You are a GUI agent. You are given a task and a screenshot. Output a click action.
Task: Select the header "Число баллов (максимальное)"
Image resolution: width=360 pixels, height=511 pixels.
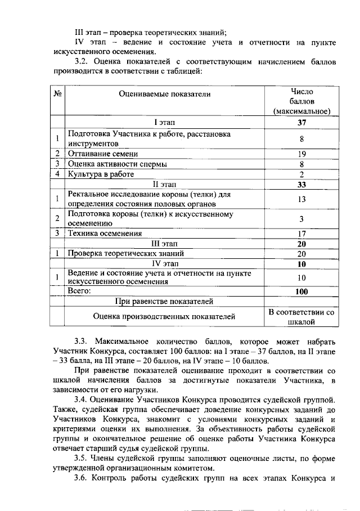[301, 101]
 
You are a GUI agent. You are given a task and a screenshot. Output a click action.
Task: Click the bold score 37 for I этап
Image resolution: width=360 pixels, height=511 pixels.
[301, 122]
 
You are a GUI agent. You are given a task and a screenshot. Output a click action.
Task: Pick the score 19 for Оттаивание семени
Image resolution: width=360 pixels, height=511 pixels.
[301, 154]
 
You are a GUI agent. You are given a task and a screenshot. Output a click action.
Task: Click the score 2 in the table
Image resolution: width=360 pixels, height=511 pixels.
[301, 174]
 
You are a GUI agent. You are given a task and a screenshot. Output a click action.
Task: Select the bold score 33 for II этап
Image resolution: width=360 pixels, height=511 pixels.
[301, 184]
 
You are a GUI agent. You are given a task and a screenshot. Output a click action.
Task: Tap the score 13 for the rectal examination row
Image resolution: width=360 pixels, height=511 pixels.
[301, 199]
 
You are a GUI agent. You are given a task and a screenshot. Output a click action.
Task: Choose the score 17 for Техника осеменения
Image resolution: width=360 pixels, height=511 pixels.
[301, 234]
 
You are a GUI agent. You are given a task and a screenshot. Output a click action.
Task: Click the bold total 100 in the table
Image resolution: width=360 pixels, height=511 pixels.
[301, 292]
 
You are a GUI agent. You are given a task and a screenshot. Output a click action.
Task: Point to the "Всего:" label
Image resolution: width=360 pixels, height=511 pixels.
[79, 291]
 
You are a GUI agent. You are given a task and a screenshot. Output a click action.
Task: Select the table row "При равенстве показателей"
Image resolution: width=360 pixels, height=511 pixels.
[164, 302]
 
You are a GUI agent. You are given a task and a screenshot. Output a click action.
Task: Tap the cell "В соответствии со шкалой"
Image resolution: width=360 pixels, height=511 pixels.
[301, 317]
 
